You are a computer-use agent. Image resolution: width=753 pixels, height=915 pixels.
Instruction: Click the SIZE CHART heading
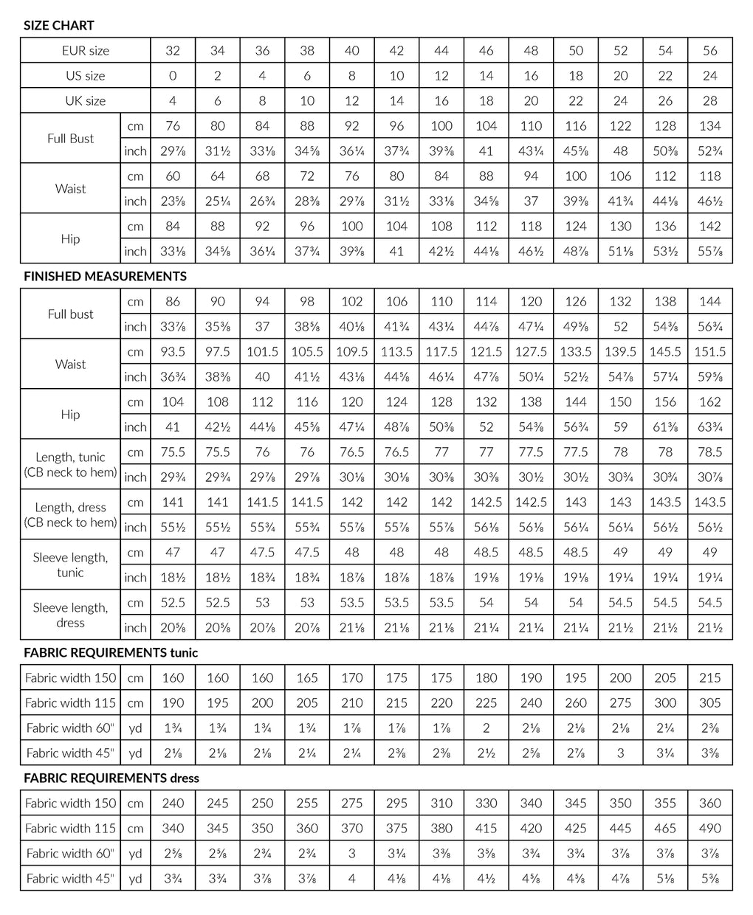pos(59,25)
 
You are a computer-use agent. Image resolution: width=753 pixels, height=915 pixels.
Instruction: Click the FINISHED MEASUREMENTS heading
pos(105,276)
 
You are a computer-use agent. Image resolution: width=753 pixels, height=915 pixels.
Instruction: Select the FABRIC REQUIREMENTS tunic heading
pos(111,652)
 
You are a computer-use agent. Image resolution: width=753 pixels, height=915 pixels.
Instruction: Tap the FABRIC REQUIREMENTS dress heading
pos(111,778)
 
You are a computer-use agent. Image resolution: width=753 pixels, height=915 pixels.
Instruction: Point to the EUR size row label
pos(85,51)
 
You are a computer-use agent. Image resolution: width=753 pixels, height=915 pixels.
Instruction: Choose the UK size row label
pos(85,101)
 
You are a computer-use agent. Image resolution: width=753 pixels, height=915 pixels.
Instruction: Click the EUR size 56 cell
pos(709,51)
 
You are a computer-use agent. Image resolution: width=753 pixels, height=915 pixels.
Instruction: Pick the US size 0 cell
pos(173,76)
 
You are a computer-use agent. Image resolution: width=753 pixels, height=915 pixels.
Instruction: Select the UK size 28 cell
pos(709,101)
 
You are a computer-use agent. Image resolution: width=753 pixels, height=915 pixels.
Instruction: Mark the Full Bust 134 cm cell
pos(709,126)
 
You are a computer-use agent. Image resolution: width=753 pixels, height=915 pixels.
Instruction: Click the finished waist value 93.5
pos(173,352)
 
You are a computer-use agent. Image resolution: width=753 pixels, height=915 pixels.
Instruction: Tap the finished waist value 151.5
pos(709,352)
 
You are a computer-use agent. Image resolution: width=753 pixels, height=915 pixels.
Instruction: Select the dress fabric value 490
pos(709,829)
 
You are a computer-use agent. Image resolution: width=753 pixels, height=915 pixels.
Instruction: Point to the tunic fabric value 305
pos(709,703)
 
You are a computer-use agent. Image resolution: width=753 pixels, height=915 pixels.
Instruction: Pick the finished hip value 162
pos(709,402)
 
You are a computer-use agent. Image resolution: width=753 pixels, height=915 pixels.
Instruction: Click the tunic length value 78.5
pos(709,452)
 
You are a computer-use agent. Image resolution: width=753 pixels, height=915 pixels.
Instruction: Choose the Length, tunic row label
pos(70,465)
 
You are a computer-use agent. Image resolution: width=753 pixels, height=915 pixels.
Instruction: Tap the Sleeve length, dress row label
pos(70,615)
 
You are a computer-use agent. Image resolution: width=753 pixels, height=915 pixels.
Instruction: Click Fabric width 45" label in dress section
pos(70,879)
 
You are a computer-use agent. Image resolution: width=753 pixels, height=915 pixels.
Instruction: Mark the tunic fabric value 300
pos(665,703)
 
